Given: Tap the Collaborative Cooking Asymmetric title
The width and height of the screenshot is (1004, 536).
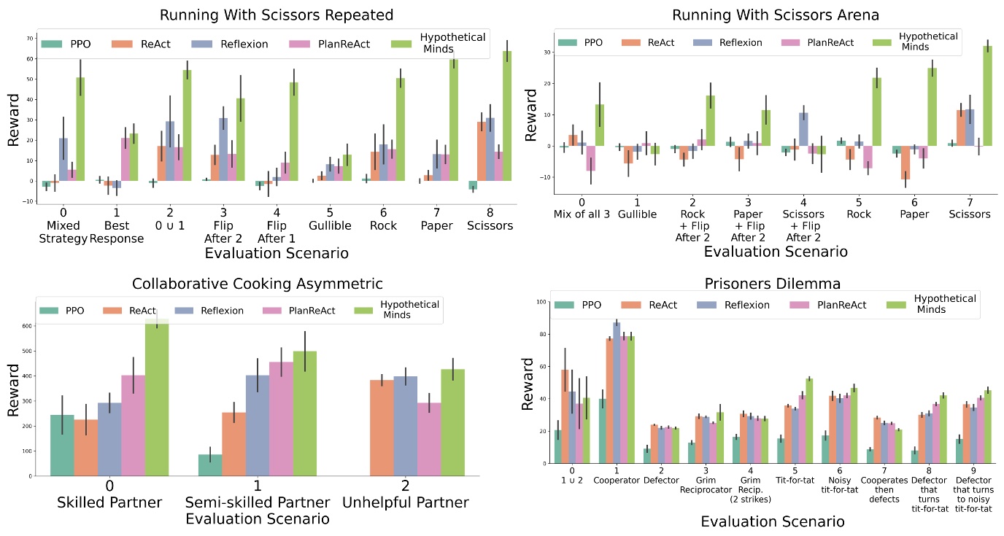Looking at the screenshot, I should [258, 284].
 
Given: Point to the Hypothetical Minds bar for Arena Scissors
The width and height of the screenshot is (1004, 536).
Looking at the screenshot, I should [988, 96].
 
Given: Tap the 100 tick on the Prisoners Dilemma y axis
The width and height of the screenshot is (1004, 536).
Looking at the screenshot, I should [541, 301].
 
